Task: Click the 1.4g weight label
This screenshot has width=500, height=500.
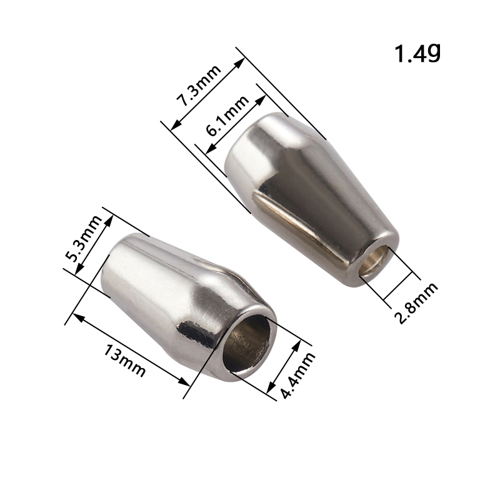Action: coord(417,54)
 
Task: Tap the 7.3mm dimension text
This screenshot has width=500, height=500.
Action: coord(199,85)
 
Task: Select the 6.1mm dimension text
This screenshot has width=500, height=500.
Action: coord(227,116)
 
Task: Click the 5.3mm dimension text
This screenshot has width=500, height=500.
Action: coord(83,238)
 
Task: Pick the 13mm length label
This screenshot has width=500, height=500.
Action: coord(124,361)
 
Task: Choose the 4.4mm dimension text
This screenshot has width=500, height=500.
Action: coord(297,376)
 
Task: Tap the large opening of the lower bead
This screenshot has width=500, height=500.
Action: coord(246,343)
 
